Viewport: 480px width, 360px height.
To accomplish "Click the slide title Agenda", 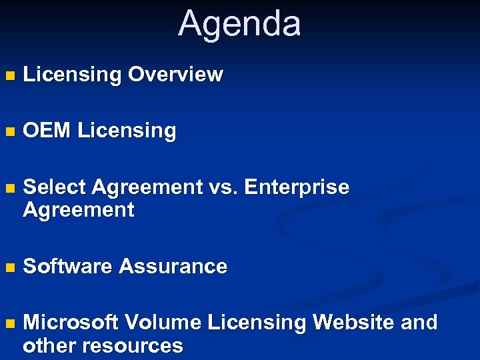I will pos(239,23).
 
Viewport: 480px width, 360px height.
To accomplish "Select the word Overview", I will pos(175,75).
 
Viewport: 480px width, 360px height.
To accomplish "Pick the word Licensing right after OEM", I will pos(127,131).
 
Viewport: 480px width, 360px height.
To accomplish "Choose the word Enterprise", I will pos(297,188).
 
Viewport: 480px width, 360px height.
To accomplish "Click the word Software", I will pos(68,267).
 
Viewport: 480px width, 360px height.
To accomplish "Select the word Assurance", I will pos(173,267).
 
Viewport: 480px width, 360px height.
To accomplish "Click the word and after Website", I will pos(419,323).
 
